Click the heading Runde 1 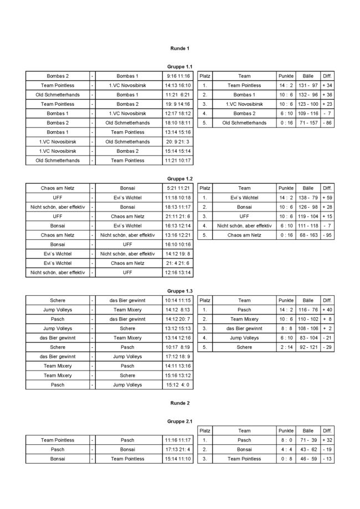pyautogui.click(x=180, y=48)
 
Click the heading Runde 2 pyautogui.click(x=180, y=403)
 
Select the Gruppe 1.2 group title pyautogui.click(x=180, y=178)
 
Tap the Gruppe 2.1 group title pyautogui.click(x=180, y=421)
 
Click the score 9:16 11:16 pyautogui.click(x=177, y=76)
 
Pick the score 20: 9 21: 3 pyautogui.click(x=177, y=141)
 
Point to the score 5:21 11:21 pyautogui.click(x=177, y=188)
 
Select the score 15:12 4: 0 pyautogui.click(x=177, y=384)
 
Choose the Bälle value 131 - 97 pyautogui.click(x=308, y=85)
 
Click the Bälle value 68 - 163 pyautogui.click(x=308, y=235)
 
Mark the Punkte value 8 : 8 pyautogui.click(x=286, y=328)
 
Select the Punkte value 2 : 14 pyautogui.click(x=286, y=347)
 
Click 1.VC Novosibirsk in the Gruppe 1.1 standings pyautogui.click(x=244, y=104)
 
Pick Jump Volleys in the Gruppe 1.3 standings pyautogui.click(x=244, y=338)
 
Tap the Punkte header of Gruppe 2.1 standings pyautogui.click(x=286, y=430)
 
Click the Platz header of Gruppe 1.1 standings pyautogui.click(x=205, y=76)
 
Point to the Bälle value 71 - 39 pyautogui.click(x=308, y=440)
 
